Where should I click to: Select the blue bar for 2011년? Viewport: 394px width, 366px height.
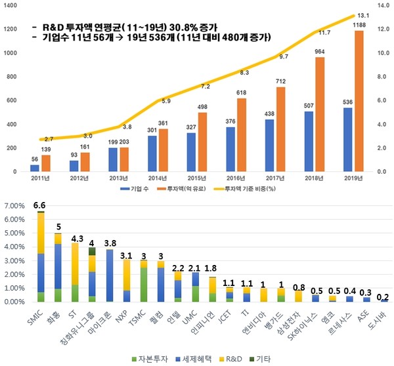35,168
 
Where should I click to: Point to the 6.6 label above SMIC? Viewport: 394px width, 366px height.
41,205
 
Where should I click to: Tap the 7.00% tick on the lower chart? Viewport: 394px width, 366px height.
14,205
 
